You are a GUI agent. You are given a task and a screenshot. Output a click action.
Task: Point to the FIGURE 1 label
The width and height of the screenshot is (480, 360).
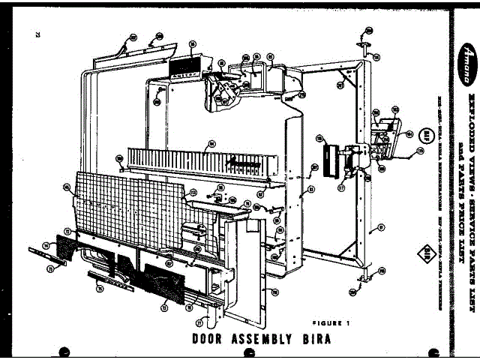(331, 322)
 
